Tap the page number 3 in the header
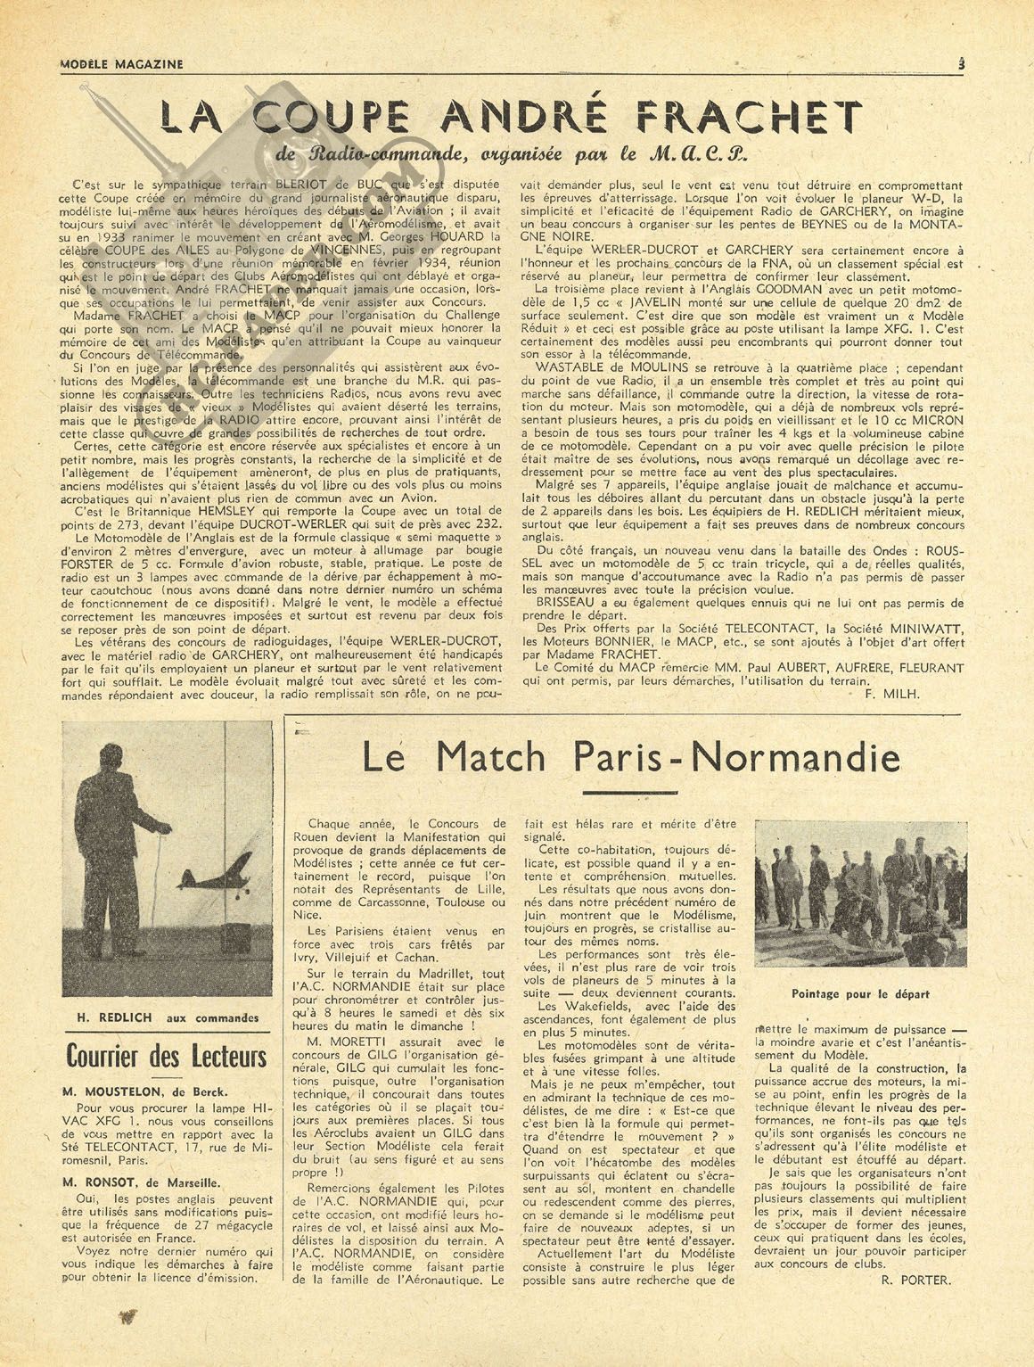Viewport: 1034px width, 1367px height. (x=962, y=63)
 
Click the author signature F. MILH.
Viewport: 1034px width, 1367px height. (x=892, y=693)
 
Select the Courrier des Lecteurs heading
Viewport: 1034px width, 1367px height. (x=167, y=1057)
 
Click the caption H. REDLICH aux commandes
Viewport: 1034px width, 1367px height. (x=167, y=1017)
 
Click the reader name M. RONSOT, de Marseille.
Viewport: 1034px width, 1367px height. (x=142, y=1182)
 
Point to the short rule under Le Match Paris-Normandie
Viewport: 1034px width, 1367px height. (x=629, y=791)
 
